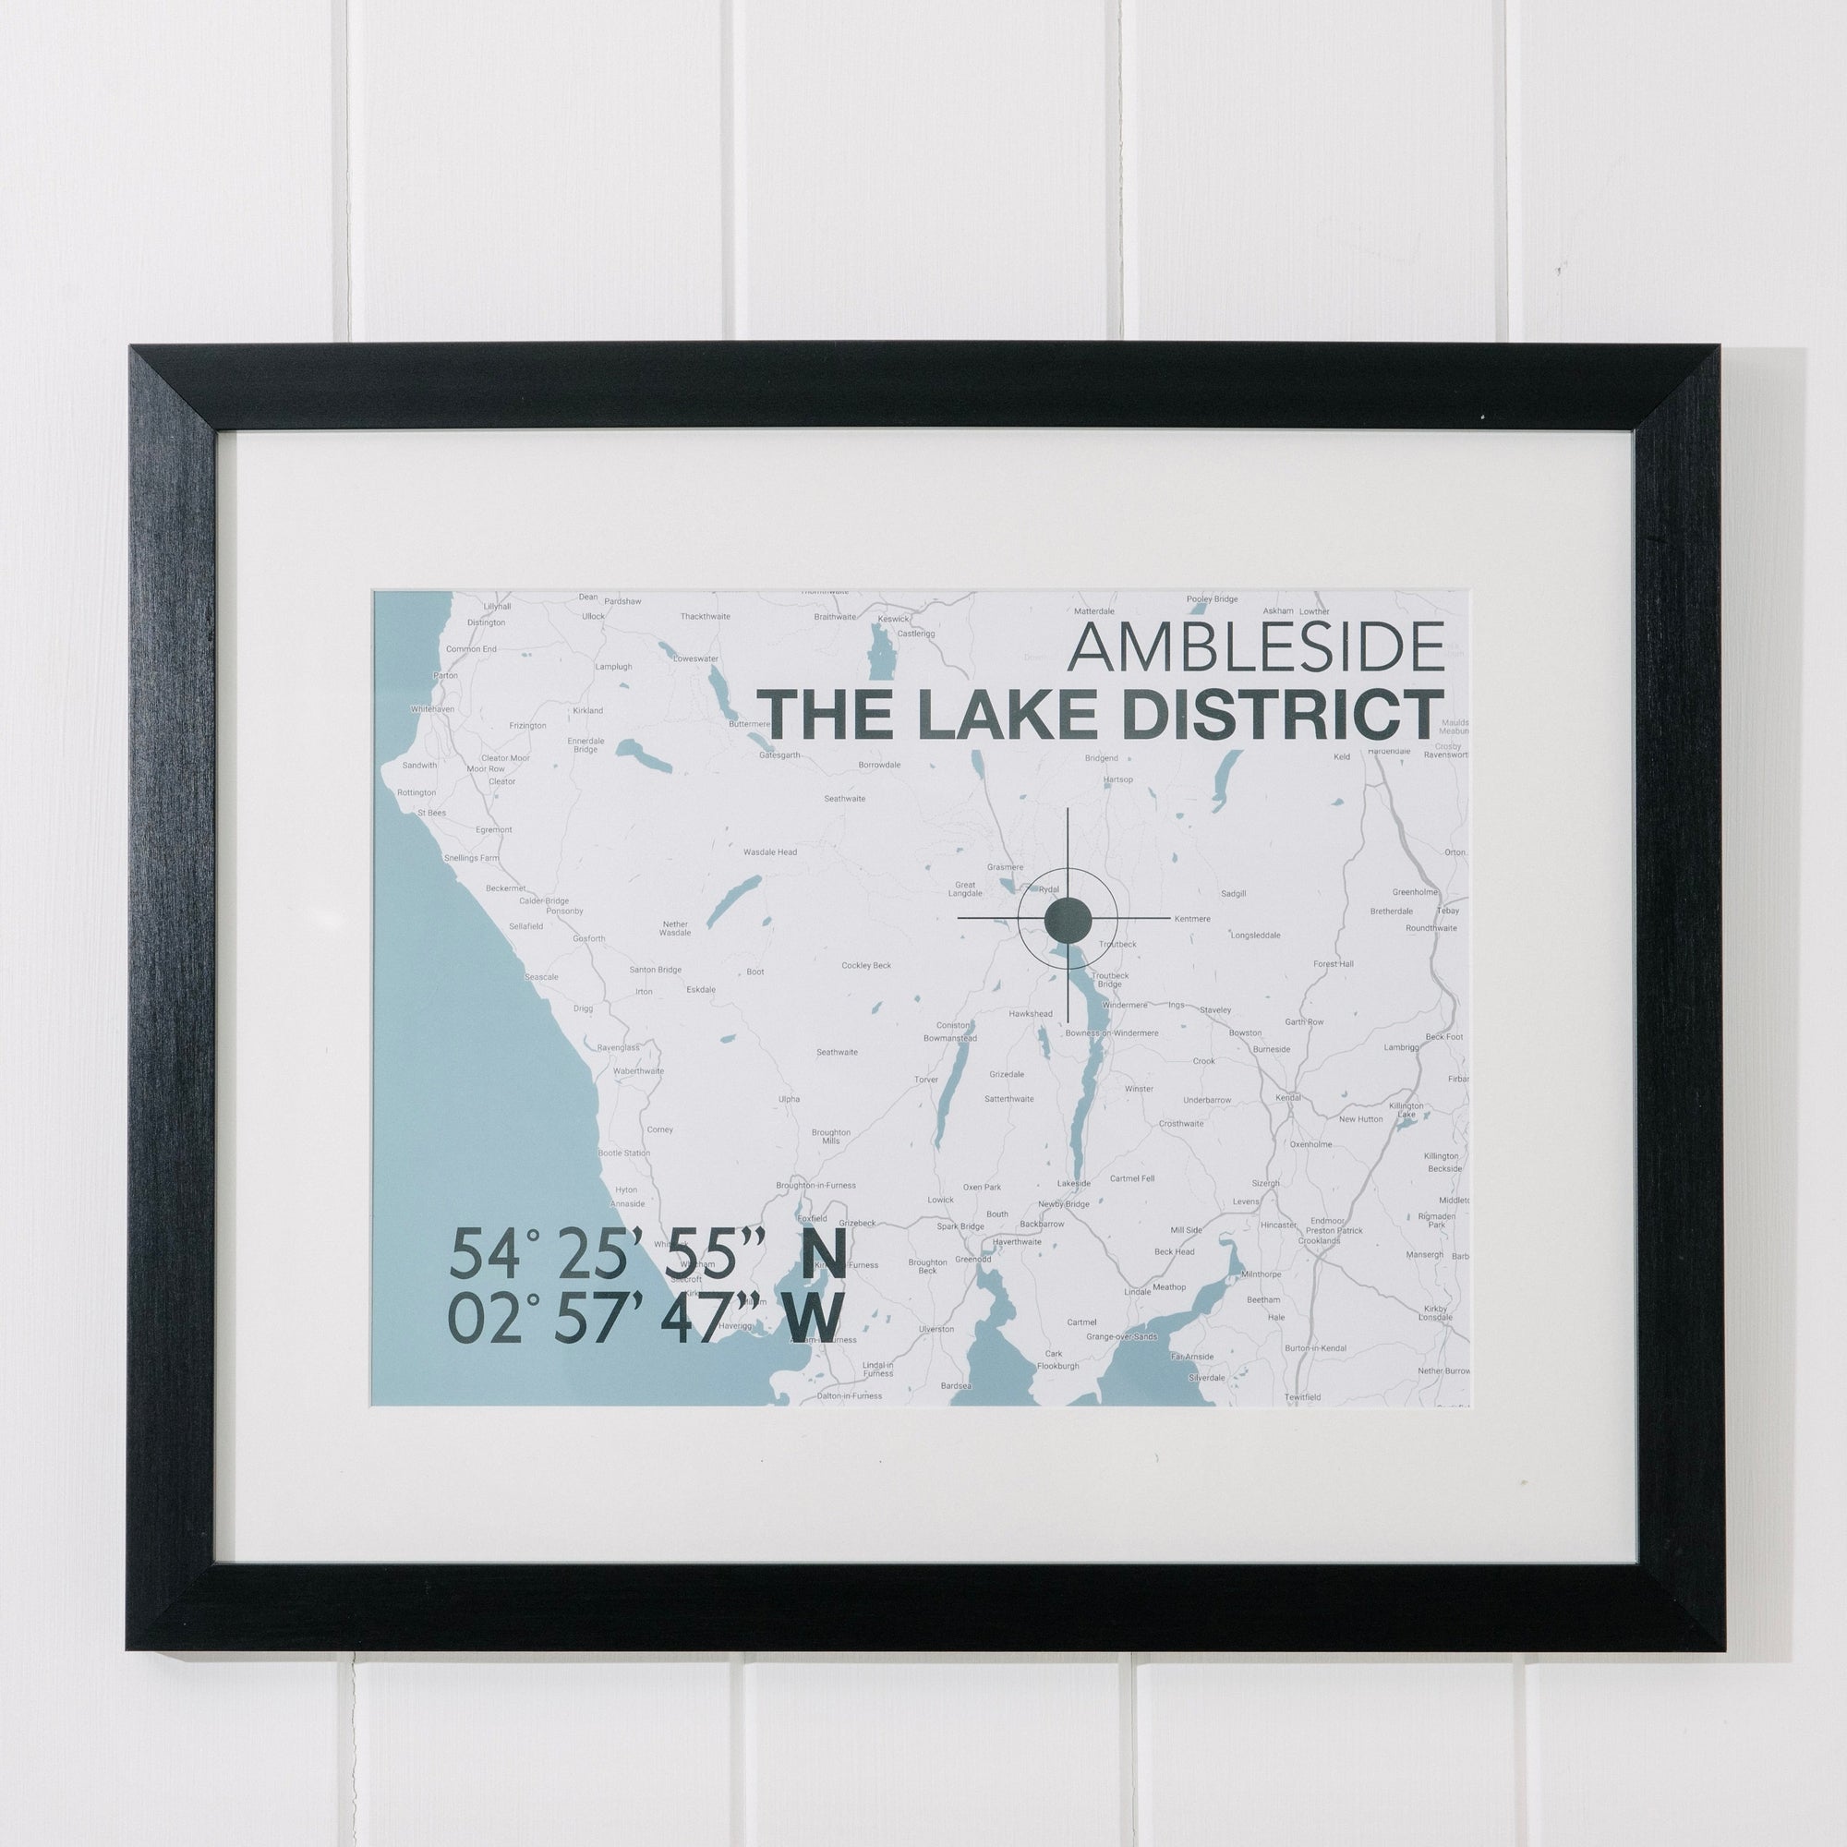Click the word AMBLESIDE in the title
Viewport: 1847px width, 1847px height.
point(1254,647)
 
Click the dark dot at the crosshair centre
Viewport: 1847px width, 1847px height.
point(1067,919)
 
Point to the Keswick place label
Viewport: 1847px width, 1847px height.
point(894,619)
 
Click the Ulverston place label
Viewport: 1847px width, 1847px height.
point(936,1329)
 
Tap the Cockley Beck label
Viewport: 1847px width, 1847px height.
point(865,966)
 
